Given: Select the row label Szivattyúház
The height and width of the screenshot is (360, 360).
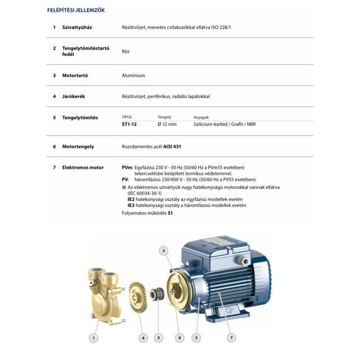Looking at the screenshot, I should pyautogui.click(x=78, y=27).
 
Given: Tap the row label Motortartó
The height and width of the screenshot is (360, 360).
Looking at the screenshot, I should pyautogui.click(x=75, y=75).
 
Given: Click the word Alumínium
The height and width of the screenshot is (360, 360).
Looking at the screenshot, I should pyautogui.click(x=134, y=75).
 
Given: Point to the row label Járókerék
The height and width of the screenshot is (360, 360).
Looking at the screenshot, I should pyautogui.click(x=73, y=96).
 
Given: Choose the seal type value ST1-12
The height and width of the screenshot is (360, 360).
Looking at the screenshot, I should pyautogui.click(x=129, y=124).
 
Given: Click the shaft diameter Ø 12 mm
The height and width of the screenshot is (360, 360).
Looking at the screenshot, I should pyautogui.click(x=167, y=124).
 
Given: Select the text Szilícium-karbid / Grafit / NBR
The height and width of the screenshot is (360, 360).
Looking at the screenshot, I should pyautogui.click(x=224, y=124).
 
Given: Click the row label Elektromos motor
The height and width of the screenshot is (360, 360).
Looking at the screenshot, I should pyautogui.click(x=83, y=168).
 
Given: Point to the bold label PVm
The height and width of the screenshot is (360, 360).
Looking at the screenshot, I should pyautogui.click(x=127, y=168).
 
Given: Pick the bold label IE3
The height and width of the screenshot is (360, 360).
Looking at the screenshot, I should pyautogui.click(x=131, y=205).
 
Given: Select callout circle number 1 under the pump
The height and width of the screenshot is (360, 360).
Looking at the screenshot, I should pyautogui.click(x=94, y=337).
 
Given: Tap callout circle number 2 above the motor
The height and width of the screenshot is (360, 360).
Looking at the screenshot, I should pyautogui.click(x=164, y=250).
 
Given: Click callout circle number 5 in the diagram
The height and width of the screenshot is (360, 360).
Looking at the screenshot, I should pyautogui.click(x=159, y=337).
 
